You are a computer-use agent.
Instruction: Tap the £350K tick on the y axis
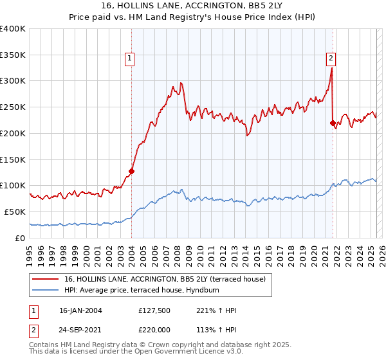(13, 55)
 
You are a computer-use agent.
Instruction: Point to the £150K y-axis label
(13, 159)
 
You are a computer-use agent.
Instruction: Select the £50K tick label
(15, 212)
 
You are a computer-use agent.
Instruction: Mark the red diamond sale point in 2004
(131, 171)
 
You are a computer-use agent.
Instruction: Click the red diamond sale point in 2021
(333, 123)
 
